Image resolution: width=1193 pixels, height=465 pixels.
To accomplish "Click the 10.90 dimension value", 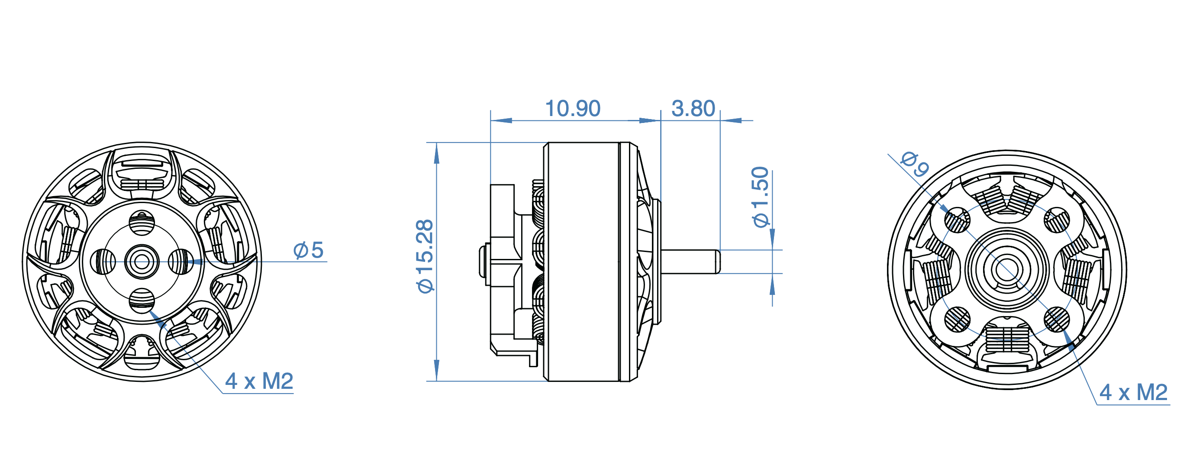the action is click(x=572, y=108).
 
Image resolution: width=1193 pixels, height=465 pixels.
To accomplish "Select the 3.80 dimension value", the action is click(x=693, y=108).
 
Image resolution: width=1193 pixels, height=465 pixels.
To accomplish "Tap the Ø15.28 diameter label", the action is click(x=425, y=256).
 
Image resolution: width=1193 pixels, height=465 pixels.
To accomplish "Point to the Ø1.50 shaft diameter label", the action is click(x=761, y=197).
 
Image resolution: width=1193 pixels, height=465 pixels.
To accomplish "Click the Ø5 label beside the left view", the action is click(x=309, y=250).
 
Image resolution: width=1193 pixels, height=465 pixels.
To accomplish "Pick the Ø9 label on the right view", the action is click(x=915, y=165).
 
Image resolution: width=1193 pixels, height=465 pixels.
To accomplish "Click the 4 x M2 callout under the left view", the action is click(x=259, y=381).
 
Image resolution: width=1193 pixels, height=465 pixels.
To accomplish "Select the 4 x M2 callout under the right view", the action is click(x=1133, y=392).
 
